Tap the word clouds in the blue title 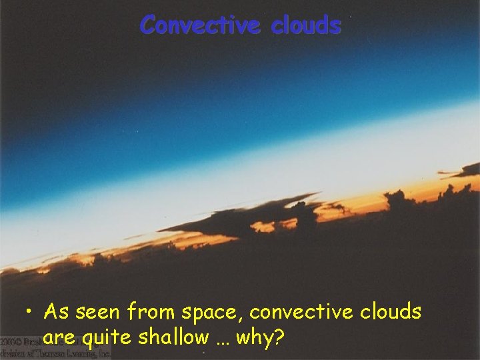click(x=306, y=25)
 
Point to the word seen click(x=97, y=312)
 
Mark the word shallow click(x=173, y=337)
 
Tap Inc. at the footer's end click(x=101, y=354)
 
